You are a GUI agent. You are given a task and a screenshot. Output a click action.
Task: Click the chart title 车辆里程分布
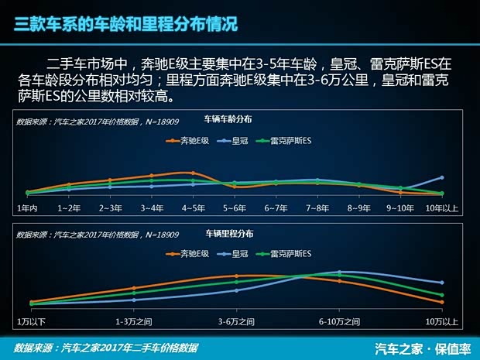[229, 233]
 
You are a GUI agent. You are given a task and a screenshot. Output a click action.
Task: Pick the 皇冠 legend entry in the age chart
[235, 140]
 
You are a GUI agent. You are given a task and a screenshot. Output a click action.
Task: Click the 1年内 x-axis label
[28, 208]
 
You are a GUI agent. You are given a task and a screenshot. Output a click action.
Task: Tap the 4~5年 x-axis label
[193, 208]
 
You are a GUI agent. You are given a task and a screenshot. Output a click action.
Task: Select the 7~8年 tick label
[317, 208]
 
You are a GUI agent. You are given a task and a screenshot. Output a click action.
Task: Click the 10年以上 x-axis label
[443, 208]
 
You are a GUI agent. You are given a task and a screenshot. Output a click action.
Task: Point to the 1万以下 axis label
[32, 321]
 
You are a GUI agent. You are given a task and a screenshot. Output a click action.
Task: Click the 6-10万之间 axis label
[339, 321]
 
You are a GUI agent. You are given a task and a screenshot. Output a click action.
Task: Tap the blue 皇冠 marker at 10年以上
[441, 177]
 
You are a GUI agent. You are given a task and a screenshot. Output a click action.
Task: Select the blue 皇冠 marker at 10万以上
[441, 283]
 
